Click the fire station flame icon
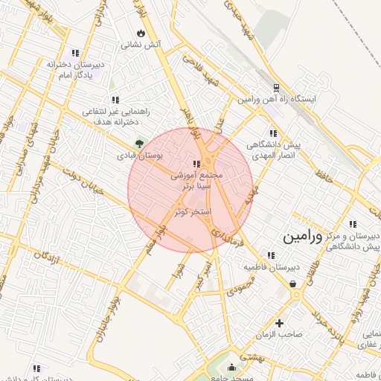click(141, 33)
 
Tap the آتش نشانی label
click(143, 45)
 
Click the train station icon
click(276, 87)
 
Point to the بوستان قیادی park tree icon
click(138, 144)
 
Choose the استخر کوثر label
click(193, 213)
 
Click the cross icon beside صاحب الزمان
click(279, 323)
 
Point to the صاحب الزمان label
click(280, 335)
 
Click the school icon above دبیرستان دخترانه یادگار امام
click(74, 53)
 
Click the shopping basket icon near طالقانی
click(295, 284)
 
